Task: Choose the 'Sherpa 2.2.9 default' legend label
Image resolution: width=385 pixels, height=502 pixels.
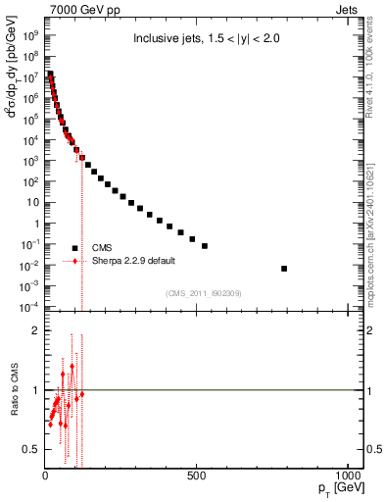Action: coord(133,261)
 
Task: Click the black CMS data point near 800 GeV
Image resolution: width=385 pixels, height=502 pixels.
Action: coord(284,268)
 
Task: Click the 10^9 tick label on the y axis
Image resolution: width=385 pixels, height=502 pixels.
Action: coord(30,33)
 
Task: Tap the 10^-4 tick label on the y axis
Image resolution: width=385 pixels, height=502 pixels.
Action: coord(30,307)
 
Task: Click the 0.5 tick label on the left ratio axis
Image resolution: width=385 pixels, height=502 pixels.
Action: coord(29,449)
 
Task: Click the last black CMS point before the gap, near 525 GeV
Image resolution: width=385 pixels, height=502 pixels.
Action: coord(204,246)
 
